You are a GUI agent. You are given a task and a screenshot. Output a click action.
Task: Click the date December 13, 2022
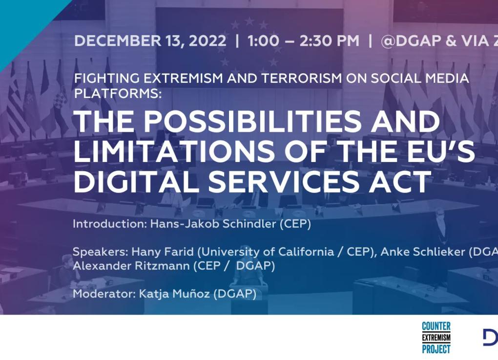(150, 41)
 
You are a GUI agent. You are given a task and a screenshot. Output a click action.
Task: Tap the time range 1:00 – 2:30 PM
(303, 41)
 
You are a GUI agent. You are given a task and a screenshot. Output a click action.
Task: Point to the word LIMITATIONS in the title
(173, 152)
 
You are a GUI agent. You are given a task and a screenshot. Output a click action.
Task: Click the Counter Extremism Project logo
(436, 338)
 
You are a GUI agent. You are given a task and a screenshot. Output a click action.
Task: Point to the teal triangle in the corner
(20, 20)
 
